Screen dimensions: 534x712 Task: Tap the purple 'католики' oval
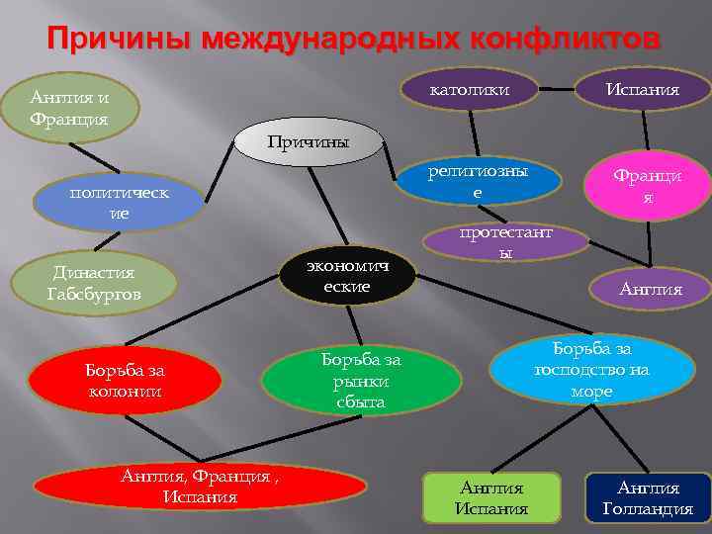click(x=471, y=91)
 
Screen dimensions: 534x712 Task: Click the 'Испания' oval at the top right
click(x=643, y=91)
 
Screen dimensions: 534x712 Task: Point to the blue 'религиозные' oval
click(x=479, y=182)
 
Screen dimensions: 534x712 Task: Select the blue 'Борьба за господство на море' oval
click(x=591, y=370)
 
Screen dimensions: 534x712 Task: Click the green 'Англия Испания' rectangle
click(x=491, y=498)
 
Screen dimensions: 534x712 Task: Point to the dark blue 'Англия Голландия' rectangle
click(x=649, y=498)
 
